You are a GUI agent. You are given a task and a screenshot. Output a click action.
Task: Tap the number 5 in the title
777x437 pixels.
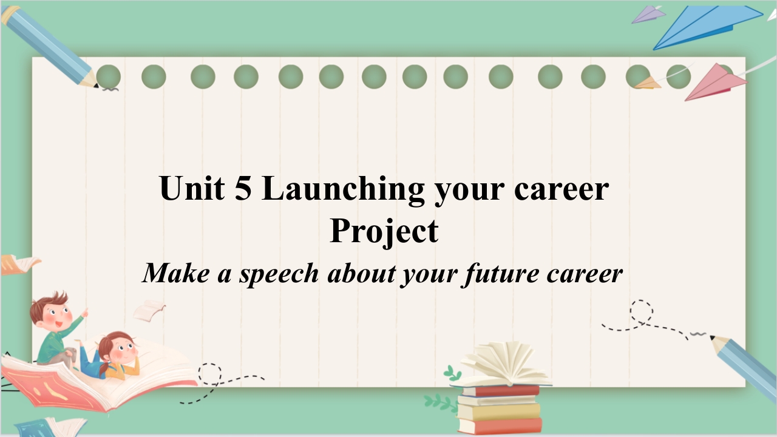point(243,188)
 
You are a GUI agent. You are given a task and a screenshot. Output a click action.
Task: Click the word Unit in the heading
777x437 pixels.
point(192,188)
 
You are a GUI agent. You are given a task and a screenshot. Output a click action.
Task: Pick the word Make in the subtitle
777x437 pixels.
point(176,273)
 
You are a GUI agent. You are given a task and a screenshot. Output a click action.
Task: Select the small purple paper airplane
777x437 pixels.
point(648,15)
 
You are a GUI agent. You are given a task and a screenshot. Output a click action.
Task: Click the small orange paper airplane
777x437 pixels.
point(648,83)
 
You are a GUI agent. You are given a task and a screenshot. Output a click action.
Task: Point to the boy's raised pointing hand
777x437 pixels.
point(84,313)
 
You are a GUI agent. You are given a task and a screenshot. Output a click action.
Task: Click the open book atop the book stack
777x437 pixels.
point(503,364)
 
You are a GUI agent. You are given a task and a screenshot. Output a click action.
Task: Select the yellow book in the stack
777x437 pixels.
point(499,412)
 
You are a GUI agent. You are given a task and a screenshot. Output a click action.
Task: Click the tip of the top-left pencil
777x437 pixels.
point(97,86)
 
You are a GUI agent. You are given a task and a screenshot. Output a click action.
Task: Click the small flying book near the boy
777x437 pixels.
point(149,310)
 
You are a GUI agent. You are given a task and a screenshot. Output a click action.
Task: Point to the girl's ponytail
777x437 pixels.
point(103,370)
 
